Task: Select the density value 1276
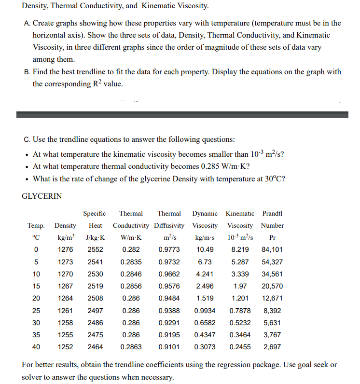pos(66,249)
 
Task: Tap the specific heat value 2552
pos(96,249)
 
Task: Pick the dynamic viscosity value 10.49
pos(205,249)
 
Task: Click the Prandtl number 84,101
pos(272,249)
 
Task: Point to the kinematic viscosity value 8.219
pos(240,249)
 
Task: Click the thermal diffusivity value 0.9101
pos(169,347)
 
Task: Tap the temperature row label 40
pos(36,347)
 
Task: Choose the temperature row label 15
pos(36,286)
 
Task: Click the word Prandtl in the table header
pos(273,213)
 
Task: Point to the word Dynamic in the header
pos(205,213)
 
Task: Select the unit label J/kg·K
pos(96,237)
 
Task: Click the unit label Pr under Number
pos(272,237)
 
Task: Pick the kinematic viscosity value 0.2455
pos(240,347)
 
